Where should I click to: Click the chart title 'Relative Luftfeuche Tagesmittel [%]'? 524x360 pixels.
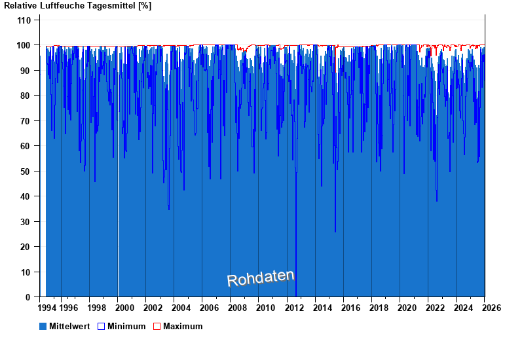pyautogui.click(x=78, y=6)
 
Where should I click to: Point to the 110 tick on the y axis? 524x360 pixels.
pyautogui.click(x=24, y=20)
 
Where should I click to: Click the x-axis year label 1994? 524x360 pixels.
pyautogui.click(x=47, y=308)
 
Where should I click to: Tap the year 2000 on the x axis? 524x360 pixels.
pyautogui.click(x=124, y=308)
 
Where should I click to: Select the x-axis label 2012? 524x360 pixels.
pyautogui.click(x=293, y=308)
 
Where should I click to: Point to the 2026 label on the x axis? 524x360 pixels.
pyautogui.click(x=491, y=308)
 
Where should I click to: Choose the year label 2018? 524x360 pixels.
pyautogui.click(x=378, y=308)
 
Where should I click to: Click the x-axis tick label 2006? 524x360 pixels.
pyautogui.click(x=209, y=308)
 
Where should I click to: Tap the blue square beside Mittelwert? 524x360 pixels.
pyautogui.click(x=43, y=326)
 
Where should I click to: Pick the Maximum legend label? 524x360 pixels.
pyautogui.click(x=183, y=326)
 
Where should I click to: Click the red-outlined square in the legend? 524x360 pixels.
pyautogui.click(x=157, y=326)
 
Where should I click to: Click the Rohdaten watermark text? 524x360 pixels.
pyautogui.click(x=261, y=278)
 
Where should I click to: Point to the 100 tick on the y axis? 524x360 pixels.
pyautogui.click(x=24, y=45)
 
